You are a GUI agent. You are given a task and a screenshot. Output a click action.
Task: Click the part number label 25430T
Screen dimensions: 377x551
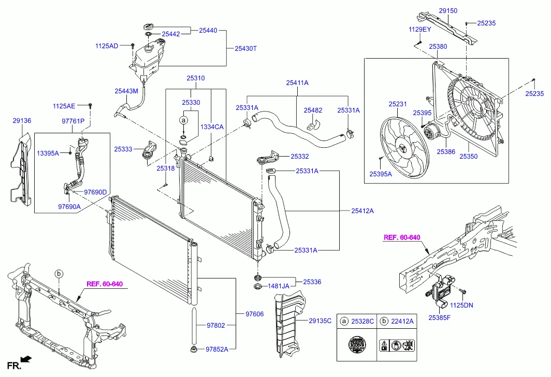(246, 48)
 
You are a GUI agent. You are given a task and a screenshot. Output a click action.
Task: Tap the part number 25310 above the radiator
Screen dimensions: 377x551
(196, 78)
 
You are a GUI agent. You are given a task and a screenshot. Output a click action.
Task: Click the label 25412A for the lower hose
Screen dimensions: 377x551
(363, 211)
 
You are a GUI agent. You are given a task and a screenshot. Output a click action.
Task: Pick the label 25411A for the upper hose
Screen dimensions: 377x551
(297, 82)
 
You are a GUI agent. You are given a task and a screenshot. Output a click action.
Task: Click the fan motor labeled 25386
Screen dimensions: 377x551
(430, 134)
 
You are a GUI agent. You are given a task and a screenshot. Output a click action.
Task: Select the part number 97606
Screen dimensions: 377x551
(254, 314)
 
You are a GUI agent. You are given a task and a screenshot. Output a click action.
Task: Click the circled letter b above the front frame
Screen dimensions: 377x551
(59, 273)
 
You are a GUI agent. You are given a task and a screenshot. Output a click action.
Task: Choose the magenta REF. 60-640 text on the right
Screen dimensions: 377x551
(401, 238)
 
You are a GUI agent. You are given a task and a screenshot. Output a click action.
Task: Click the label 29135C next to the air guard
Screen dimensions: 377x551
(320, 321)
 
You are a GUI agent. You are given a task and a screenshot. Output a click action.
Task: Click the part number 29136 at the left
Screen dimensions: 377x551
(22, 120)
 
